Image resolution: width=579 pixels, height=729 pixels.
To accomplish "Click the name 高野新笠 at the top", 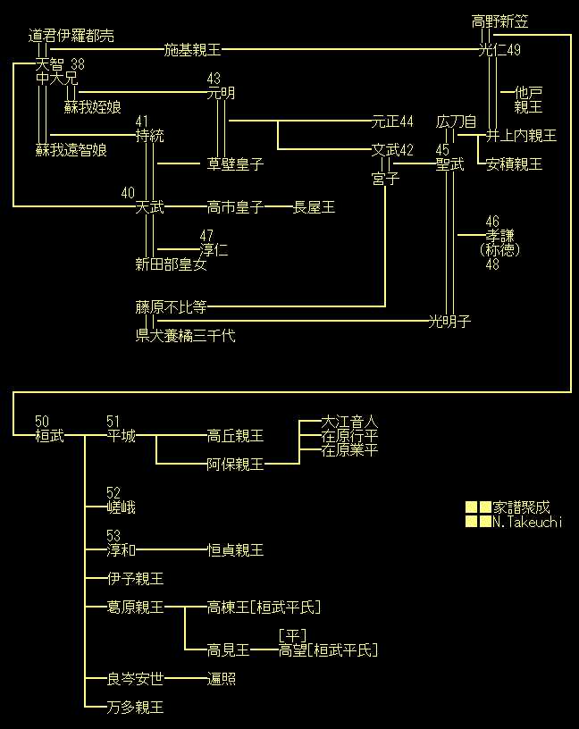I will [x=500, y=21].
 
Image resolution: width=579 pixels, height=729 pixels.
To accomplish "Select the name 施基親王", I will [x=193, y=50].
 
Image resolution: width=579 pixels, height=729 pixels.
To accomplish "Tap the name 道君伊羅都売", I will [x=71, y=36].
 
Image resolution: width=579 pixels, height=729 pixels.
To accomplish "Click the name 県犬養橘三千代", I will [x=186, y=336].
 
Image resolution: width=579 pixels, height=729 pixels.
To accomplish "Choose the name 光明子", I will [x=450, y=322].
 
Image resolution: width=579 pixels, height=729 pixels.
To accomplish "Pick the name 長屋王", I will [x=315, y=207].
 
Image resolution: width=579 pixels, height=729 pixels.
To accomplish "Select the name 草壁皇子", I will [x=236, y=164].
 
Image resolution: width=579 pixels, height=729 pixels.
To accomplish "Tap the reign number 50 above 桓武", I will [x=42, y=422].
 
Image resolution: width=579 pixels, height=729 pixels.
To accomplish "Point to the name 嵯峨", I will [x=121, y=507].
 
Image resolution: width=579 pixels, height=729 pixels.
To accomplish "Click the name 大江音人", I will [x=350, y=422].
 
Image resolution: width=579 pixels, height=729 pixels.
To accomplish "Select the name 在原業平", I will [x=350, y=450].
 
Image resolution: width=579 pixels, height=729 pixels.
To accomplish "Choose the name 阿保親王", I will [x=236, y=465].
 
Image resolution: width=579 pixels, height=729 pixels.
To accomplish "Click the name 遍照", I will [x=222, y=679].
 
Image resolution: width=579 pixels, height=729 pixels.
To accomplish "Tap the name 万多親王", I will [x=136, y=708].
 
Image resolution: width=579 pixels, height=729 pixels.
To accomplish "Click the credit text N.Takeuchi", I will [x=527, y=522].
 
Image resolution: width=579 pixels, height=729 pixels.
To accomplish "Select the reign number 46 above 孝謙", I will [x=492, y=222].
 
